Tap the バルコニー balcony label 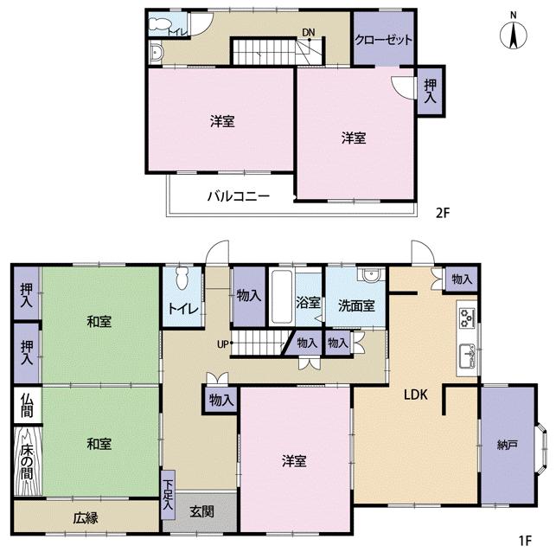pos(238,196)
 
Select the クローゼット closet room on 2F pos(383,40)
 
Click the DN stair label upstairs pos(308,34)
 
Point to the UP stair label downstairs pos(223,343)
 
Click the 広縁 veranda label pos(86,517)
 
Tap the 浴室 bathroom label pos(309,303)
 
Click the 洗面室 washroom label pos(356,305)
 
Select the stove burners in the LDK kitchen pos(468,318)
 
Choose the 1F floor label pos(524,542)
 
